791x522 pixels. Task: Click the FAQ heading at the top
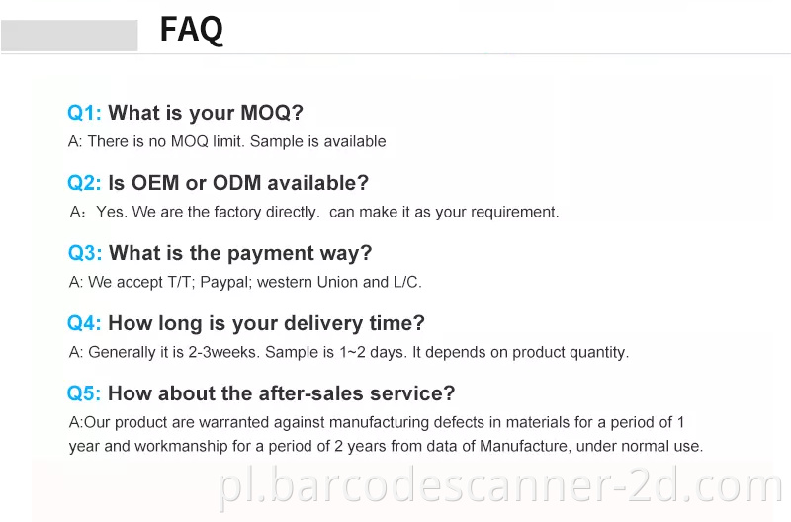192,30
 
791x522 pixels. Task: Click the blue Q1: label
84,113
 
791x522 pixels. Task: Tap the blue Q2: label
84,183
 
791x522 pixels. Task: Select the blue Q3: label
85,253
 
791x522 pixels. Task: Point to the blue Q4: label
84,323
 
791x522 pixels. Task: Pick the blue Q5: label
84,393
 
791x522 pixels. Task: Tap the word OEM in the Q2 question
156,183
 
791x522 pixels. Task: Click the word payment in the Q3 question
260,253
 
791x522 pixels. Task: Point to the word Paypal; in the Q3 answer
225,283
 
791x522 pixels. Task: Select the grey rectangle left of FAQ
69,35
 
